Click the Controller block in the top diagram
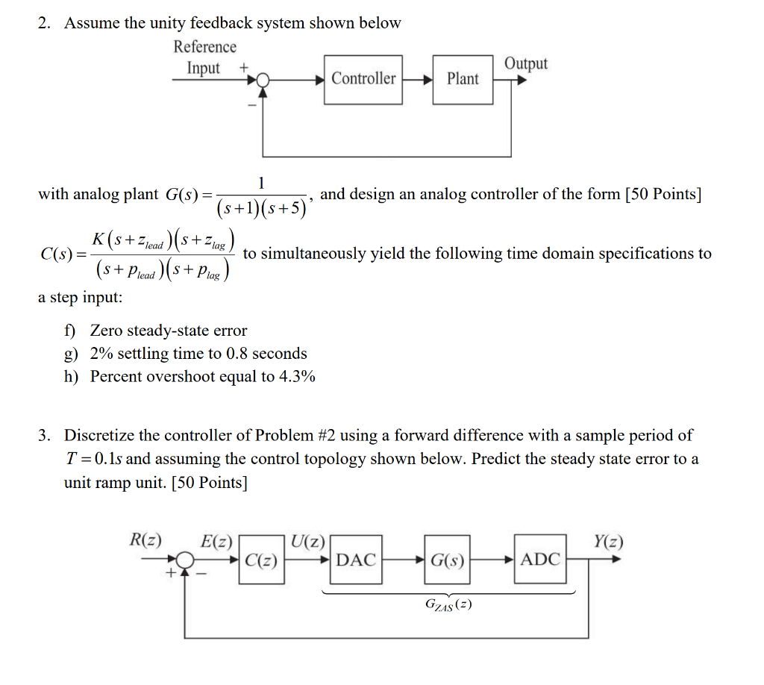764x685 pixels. [x=363, y=79]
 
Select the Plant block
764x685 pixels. [x=463, y=79]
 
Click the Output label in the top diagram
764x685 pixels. [x=526, y=64]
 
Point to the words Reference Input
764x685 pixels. [x=204, y=57]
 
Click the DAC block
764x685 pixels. [x=356, y=560]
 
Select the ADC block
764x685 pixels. [x=539, y=560]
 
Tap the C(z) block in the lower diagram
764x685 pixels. [x=261, y=560]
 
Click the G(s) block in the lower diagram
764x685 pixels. [x=447, y=560]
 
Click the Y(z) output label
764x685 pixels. [x=608, y=541]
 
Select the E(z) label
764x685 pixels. [x=217, y=542]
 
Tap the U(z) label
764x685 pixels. [x=308, y=541]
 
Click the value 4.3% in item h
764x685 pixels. [x=297, y=376]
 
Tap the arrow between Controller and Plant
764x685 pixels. [x=417, y=79]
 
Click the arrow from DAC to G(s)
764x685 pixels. [x=404, y=560]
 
